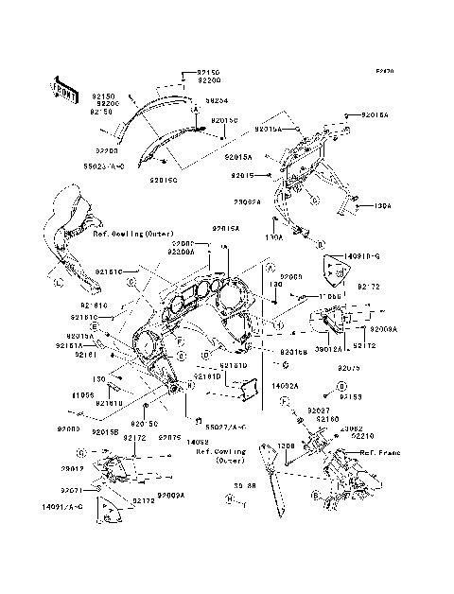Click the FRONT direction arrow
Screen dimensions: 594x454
[64, 87]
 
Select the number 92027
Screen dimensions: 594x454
[318, 410]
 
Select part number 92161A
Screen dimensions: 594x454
[81, 346]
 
